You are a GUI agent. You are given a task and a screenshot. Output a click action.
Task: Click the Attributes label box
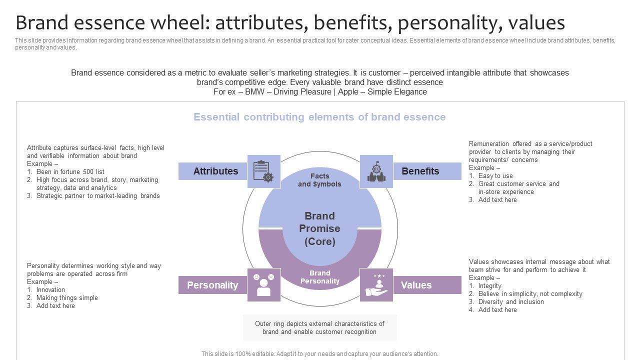tap(215, 171)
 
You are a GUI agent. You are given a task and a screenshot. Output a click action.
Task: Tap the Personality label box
tap(212, 285)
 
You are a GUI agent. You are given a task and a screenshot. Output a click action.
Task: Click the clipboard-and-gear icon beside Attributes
tap(264, 171)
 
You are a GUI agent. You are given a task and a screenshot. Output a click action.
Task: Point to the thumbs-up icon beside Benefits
tap(376, 171)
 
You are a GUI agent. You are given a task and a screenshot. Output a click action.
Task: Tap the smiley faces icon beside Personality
tap(264, 285)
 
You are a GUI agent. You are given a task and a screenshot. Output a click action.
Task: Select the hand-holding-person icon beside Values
tap(376, 285)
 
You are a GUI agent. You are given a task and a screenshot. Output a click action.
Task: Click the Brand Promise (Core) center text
tap(320, 228)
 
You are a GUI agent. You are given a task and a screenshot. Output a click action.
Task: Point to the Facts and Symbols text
tap(320, 180)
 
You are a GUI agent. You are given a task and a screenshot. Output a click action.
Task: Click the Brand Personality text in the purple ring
tap(320, 277)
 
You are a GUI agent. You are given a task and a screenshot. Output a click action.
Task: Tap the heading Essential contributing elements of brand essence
tap(319, 117)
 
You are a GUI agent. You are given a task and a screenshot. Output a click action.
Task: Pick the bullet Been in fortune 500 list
tap(70, 171)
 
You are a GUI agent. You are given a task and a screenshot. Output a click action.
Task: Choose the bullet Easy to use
tap(495, 175)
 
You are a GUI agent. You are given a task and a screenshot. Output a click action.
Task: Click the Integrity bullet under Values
tap(489, 285)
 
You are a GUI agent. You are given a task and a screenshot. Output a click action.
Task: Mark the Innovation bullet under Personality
tap(50, 289)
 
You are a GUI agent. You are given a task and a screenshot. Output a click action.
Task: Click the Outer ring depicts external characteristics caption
tap(319, 327)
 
